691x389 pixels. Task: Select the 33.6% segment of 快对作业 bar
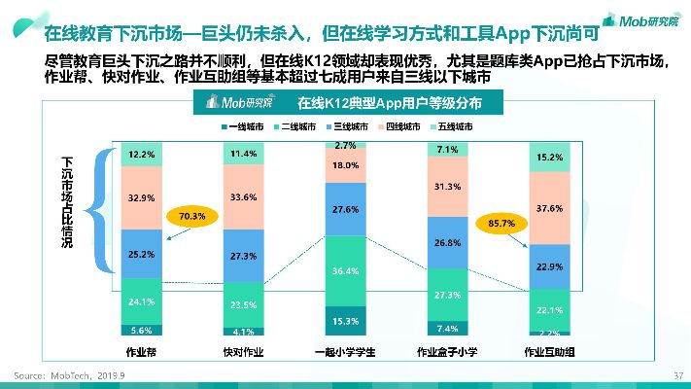243,197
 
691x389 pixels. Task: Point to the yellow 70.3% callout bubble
191,216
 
